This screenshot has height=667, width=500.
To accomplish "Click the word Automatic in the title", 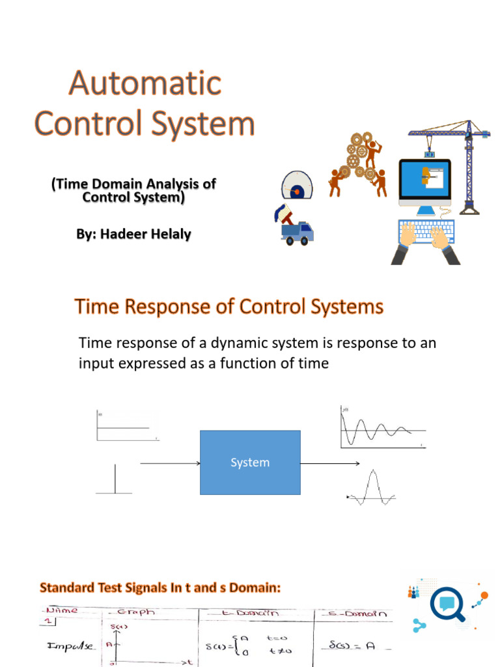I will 146,84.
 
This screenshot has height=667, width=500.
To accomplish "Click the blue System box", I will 250,462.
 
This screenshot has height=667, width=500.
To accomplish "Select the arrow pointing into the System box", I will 169,464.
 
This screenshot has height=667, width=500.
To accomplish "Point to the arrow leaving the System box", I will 330,464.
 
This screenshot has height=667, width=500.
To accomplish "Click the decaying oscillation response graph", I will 382,427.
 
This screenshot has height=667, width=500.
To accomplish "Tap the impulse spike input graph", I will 115,479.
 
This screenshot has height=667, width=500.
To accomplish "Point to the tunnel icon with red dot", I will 298,185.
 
